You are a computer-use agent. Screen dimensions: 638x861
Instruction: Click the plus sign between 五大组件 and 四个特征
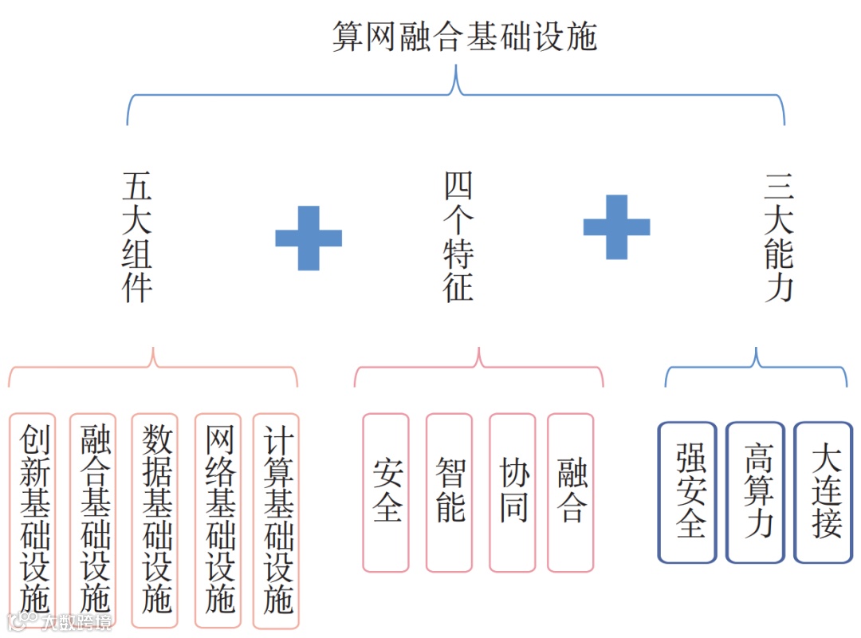click(x=309, y=238)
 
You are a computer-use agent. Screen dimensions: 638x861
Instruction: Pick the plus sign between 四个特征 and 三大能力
click(x=616, y=226)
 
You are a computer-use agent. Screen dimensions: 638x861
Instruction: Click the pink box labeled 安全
click(x=386, y=492)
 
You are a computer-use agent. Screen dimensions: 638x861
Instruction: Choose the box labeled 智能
click(x=449, y=492)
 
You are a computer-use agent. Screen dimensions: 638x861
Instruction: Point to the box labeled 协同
click(x=512, y=492)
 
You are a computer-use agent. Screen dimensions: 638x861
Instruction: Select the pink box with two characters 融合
click(x=571, y=492)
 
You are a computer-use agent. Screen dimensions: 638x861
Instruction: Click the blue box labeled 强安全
click(x=689, y=492)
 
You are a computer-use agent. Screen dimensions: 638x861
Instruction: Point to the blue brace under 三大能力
click(x=756, y=368)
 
